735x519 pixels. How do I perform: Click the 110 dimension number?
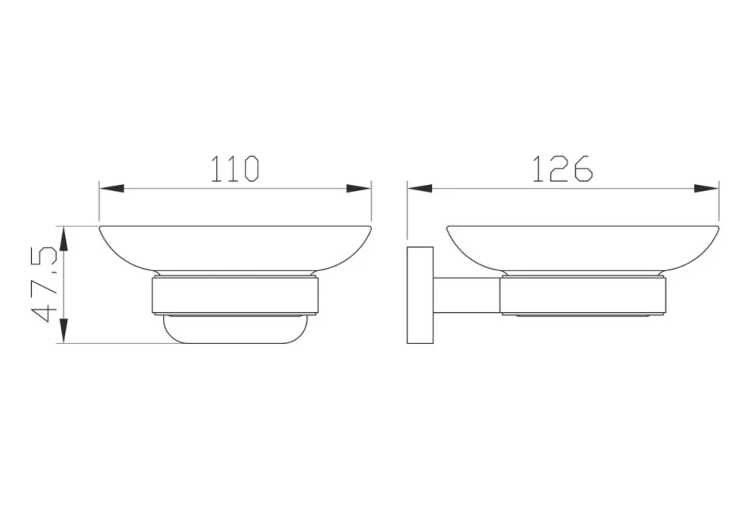[x=234, y=169]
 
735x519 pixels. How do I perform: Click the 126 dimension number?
[x=562, y=169]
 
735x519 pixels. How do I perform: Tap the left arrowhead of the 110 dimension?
[x=111, y=189]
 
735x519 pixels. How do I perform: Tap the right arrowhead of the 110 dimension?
[x=359, y=189]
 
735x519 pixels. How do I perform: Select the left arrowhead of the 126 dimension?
[x=420, y=189]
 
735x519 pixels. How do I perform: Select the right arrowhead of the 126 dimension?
[x=706, y=189]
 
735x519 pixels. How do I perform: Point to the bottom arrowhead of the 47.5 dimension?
[x=64, y=331]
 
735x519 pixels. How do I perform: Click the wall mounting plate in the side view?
[x=420, y=295]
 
